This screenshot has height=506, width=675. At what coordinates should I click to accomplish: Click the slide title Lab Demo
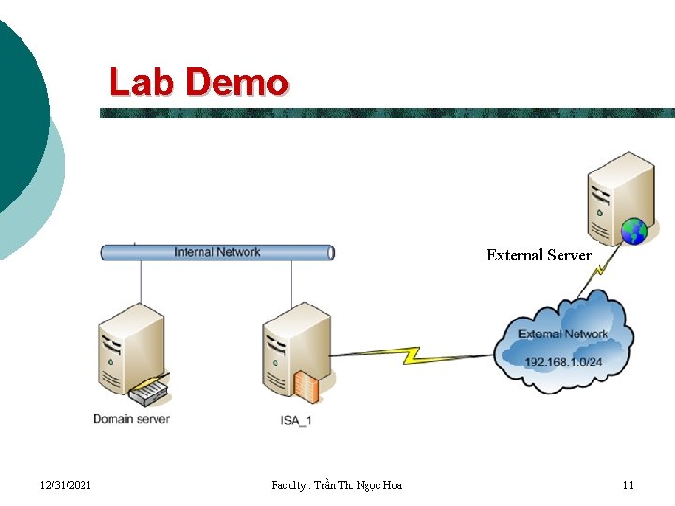pos(198,82)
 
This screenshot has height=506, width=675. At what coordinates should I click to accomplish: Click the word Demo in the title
pos(237,82)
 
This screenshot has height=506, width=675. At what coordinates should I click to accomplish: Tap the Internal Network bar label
pos(217,252)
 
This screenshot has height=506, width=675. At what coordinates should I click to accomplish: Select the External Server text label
pos(538,255)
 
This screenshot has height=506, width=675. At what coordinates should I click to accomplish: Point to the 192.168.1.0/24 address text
pos(563,362)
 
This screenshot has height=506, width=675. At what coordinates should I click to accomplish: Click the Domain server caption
pos(131,418)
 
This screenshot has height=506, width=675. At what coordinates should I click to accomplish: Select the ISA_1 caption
pos(295,421)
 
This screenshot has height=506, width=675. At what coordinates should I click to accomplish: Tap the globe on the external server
pos(634,230)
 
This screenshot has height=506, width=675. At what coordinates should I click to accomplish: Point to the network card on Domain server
pos(148,392)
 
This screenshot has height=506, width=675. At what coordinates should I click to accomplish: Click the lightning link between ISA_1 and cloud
pos(412,355)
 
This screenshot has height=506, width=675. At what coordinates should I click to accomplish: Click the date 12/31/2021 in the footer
pos(66,484)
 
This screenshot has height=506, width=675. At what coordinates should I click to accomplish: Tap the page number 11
pos(628,484)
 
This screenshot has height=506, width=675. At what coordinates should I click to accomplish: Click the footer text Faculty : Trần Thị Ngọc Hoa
pos(336,484)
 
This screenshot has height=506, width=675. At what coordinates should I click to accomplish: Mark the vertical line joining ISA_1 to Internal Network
pos(291,282)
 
